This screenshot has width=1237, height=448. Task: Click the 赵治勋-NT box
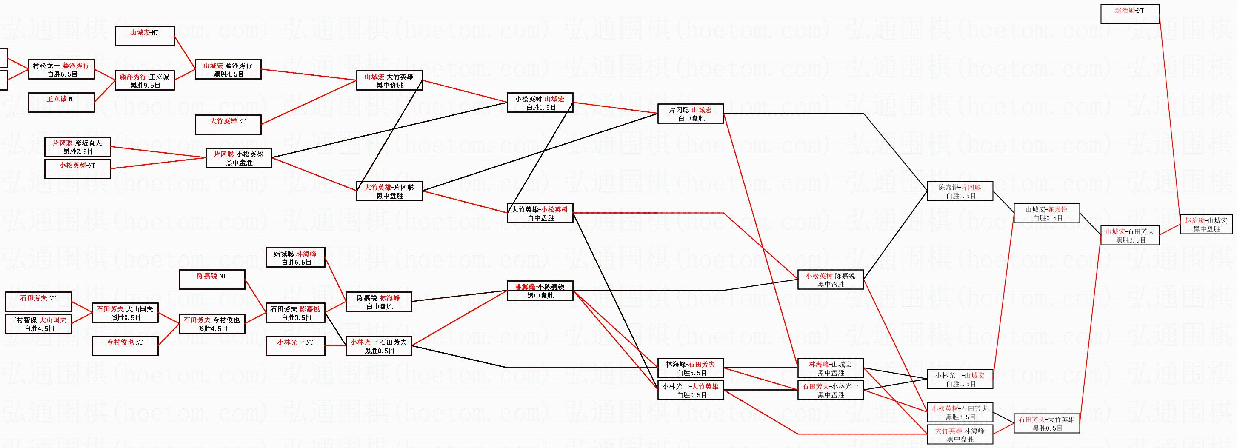pyautogui.click(x=1130, y=14)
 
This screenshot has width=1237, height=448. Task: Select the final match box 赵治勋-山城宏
pyautogui.click(x=1206, y=224)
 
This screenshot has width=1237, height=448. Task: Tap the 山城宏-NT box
pyautogui.click(x=145, y=37)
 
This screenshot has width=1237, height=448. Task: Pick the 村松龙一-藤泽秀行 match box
pyautogui.click(x=61, y=70)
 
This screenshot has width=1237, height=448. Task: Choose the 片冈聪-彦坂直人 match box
pyautogui.click(x=77, y=147)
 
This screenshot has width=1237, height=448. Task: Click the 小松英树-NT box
pyautogui.click(x=77, y=169)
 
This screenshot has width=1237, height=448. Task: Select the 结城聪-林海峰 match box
pyautogui.click(x=295, y=257)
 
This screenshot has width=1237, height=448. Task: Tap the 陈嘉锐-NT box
pyautogui.click(x=212, y=280)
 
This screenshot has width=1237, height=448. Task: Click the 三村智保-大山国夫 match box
pyautogui.click(x=38, y=324)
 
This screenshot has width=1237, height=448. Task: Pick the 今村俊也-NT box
pyautogui.click(x=125, y=346)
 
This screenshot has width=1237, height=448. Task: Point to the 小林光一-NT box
pyautogui.click(x=295, y=346)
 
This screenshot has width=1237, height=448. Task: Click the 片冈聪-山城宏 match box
pyautogui.click(x=691, y=114)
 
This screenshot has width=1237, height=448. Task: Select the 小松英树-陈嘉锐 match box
pyautogui.click(x=830, y=280)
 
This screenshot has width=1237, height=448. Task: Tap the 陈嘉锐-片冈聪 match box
pyautogui.click(x=960, y=191)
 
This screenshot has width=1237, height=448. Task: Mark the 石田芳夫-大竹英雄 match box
pyautogui.click(x=1046, y=423)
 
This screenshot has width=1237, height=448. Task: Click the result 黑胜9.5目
pyautogui.click(x=145, y=86)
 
